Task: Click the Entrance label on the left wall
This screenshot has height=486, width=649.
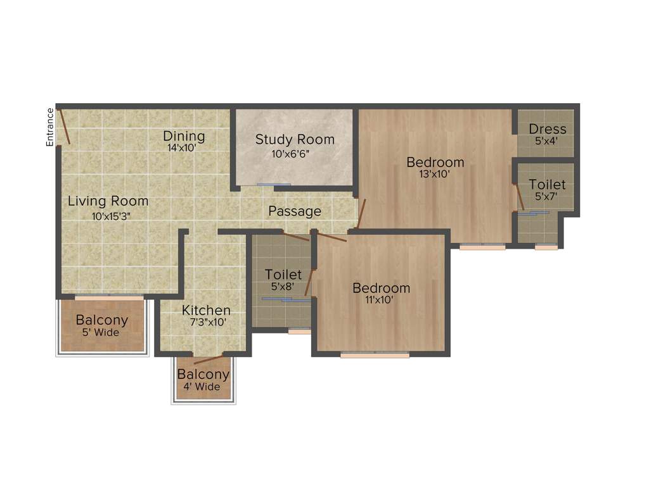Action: [50, 127]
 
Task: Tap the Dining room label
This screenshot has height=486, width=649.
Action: [184, 136]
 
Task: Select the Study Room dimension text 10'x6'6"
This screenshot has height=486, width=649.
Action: [295, 153]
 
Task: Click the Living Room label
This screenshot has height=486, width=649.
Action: [108, 201]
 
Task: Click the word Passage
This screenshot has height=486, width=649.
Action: [295, 211]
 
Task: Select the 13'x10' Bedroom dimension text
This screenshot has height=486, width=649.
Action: [435, 175]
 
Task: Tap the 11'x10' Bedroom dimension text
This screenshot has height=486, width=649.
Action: [381, 301]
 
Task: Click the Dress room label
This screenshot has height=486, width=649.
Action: [548, 129]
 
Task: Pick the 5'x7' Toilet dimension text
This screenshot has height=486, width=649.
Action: [547, 197]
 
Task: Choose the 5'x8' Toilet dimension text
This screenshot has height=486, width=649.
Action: [283, 287]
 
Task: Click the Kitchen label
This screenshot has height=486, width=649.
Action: [206, 311]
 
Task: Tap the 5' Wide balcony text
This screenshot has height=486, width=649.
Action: [102, 333]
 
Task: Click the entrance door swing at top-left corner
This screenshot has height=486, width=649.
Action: [63, 126]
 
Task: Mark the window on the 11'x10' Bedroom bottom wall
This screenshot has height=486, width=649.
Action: [375, 356]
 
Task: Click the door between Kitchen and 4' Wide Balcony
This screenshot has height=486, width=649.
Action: [209, 359]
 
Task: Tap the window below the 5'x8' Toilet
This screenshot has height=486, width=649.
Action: [299, 330]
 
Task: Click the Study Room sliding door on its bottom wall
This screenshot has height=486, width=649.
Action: [274, 185]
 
